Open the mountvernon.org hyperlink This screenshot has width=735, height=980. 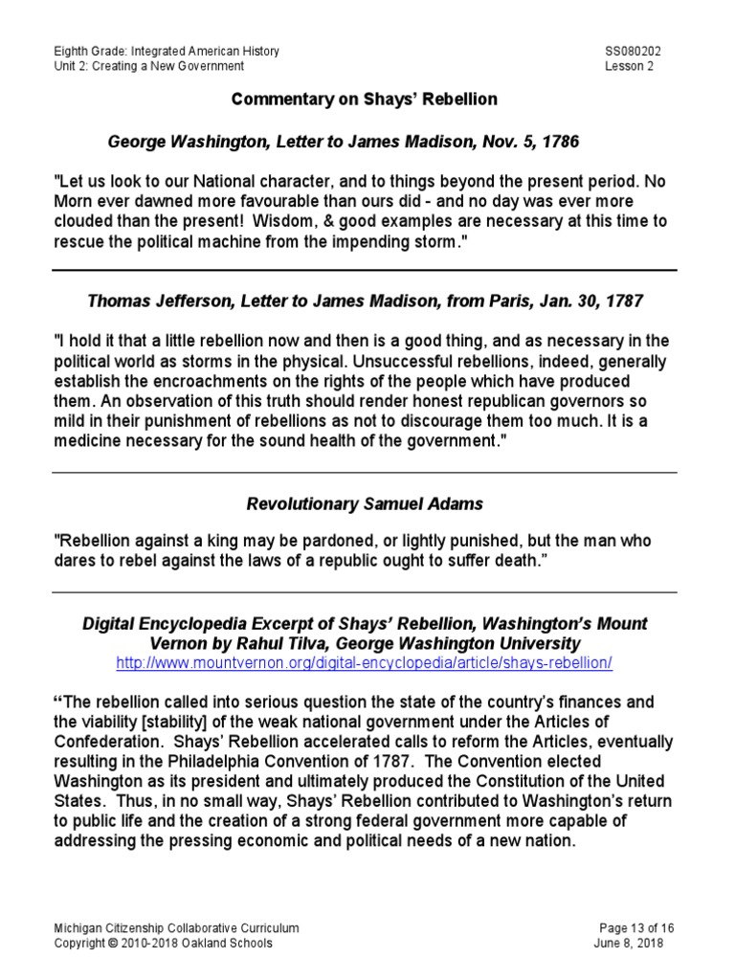[363, 662]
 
